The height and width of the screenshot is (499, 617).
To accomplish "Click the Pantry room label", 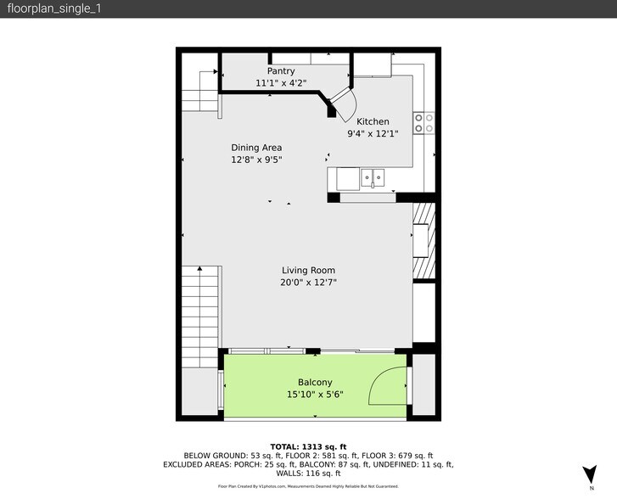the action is click(x=281, y=71).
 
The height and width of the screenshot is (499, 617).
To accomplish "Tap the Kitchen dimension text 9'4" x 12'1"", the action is click(x=373, y=134).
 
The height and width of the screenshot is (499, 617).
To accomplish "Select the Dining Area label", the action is click(x=256, y=148).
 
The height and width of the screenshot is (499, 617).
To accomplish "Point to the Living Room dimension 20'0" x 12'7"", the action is click(x=309, y=283).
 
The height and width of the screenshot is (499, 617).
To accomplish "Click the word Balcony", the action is click(x=315, y=382).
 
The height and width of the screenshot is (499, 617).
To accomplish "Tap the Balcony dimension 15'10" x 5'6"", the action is click(x=315, y=395).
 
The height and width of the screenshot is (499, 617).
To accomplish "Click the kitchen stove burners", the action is click(x=423, y=123).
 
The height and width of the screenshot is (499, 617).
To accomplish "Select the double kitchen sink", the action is click(x=373, y=178).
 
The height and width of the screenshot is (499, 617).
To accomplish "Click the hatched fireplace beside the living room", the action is click(x=424, y=240).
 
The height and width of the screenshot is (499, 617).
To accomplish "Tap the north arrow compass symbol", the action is click(x=590, y=474).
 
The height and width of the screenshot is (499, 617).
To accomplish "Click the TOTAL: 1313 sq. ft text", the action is click(x=308, y=446).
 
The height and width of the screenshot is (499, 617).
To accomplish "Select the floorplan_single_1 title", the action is click(x=54, y=8).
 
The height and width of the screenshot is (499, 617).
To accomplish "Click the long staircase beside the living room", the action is click(x=200, y=317).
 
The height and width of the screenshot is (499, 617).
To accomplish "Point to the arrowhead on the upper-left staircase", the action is click(x=216, y=71).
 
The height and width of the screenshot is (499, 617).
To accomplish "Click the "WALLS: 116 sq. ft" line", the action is click(x=308, y=474).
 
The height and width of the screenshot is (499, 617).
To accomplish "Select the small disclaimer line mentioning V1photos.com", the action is click(x=308, y=486).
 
